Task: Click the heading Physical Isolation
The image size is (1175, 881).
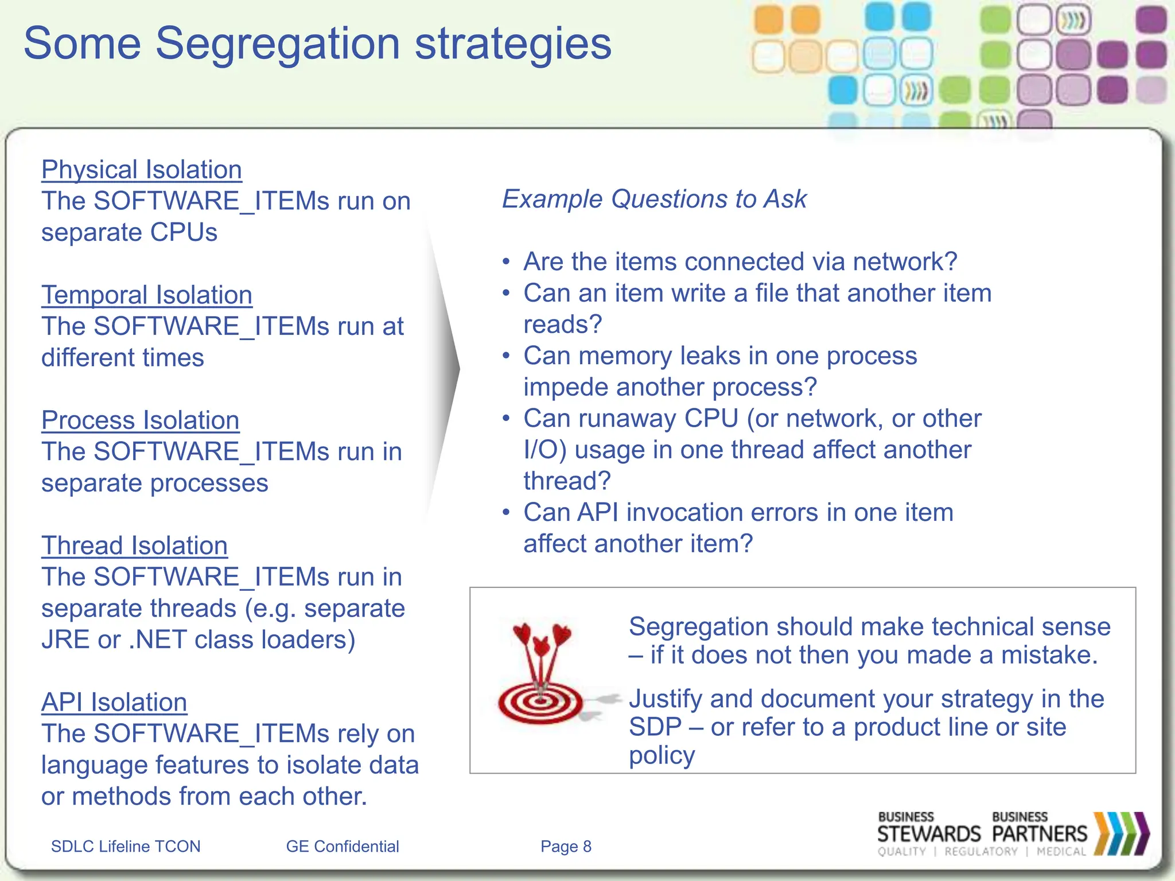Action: point(141,170)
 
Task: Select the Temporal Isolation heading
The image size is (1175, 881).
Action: point(146,295)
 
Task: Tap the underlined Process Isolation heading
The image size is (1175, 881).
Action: point(140,420)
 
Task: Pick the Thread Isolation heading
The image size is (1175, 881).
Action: point(134,545)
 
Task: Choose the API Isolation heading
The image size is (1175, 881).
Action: point(114,702)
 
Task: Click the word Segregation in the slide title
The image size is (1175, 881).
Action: point(278,44)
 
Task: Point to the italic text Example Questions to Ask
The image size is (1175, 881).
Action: point(654,199)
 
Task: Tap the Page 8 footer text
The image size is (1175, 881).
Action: point(566,847)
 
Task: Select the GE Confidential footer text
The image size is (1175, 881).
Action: point(342,847)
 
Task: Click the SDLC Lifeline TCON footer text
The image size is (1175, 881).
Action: point(126,847)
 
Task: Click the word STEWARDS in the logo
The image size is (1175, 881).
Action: point(929,834)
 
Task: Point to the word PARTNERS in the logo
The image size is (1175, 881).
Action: point(1040,834)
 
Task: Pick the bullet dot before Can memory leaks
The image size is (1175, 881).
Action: point(506,356)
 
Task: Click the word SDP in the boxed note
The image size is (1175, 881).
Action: point(655,727)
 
